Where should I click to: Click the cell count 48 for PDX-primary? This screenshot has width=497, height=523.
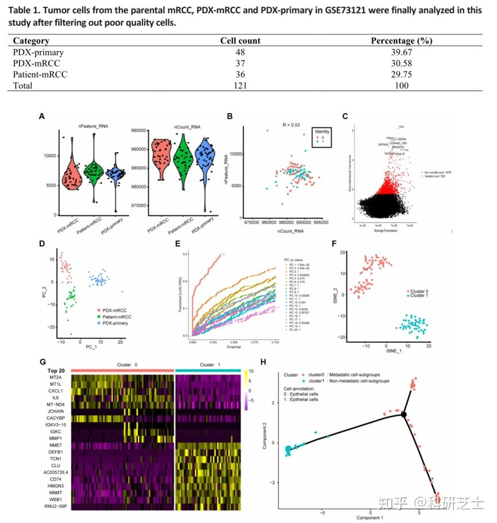coord(240,52)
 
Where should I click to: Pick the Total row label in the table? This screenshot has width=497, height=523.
coord(23,86)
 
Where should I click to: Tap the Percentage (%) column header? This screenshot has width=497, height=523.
coord(401,41)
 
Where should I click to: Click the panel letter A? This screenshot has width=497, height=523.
coord(41,116)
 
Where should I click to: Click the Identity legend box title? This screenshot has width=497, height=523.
coord(322,131)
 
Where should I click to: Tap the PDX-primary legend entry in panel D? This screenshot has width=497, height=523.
coord(113,323)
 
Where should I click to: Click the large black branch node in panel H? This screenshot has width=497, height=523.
coord(404,414)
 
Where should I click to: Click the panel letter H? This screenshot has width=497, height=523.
coord(263,362)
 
